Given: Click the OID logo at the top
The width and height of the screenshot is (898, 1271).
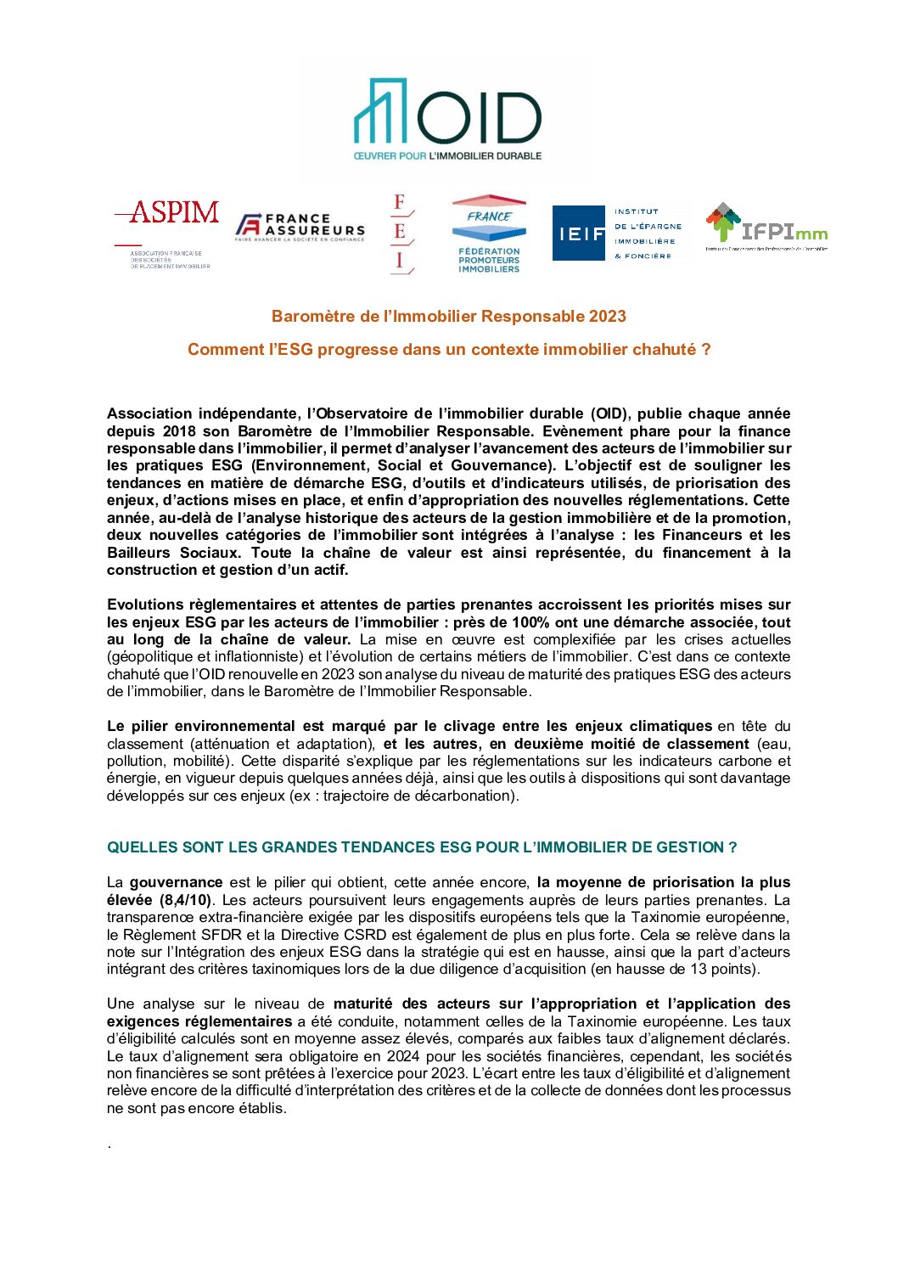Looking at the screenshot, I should [x=447, y=119].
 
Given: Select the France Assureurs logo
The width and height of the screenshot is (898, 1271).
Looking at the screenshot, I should [x=300, y=227].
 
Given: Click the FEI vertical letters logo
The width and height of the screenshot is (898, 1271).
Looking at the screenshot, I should [x=400, y=233].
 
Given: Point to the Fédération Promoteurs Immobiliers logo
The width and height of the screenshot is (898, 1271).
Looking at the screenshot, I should [x=489, y=234].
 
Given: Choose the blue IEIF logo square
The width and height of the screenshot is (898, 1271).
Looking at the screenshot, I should [x=581, y=233].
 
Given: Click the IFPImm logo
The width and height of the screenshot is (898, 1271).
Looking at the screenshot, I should [x=766, y=228].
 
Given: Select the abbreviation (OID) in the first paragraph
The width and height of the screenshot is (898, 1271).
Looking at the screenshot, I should [x=609, y=414].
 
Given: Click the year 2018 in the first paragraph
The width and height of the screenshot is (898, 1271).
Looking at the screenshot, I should [x=179, y=431].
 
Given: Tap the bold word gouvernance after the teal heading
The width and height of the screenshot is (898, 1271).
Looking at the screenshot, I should [x=176, y=883].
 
